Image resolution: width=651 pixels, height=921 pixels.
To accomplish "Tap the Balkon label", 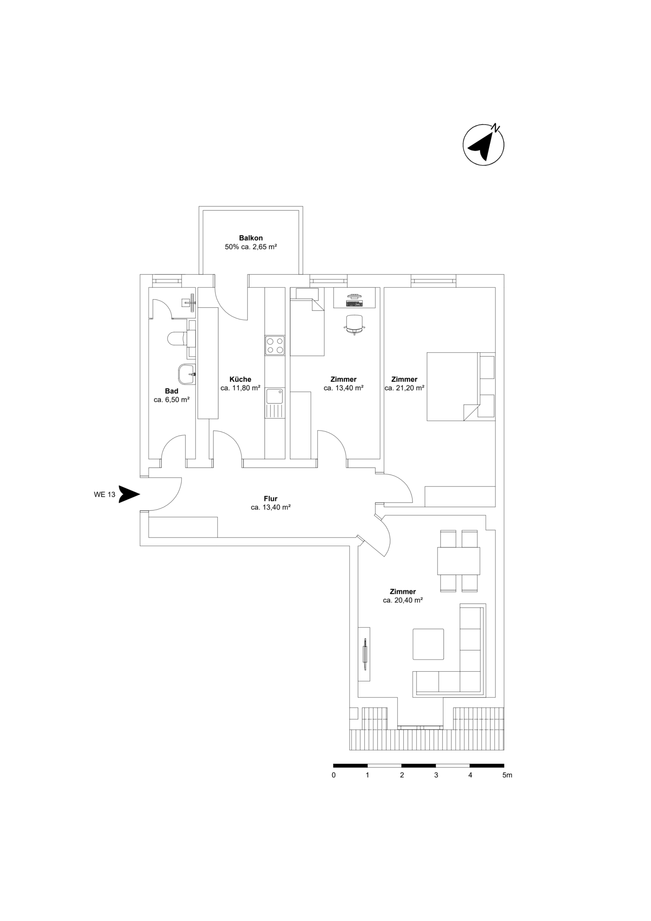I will pyautogui.click(x=251, y=238).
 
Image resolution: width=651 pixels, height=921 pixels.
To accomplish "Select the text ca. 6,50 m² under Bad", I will pyautogui.click(x=171, y=400).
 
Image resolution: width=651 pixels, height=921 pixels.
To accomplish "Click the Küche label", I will pyautogui.click(x=240, y=379).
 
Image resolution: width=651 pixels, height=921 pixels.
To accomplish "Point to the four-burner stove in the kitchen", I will pyautogui.click(x=275, y=345).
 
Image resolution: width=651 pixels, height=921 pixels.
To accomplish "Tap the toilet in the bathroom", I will pyautogui.click(x=176, y=339).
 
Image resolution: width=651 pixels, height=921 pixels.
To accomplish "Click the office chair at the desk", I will pyautogui.click(x=354, y=323).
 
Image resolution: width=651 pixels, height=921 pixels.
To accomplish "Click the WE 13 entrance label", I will pyautogui.click(x=105, y=495).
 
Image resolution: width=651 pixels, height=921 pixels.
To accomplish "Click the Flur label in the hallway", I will pyautogui.click(x=271, y=499).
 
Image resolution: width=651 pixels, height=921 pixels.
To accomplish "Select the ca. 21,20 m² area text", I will pyautogui.click(x=404, y=388).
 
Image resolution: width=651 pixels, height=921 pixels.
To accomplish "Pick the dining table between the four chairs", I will pyautogui.click(x=459, y=561).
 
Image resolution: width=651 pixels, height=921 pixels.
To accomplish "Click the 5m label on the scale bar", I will pyautogui.click(x=507, y=775).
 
